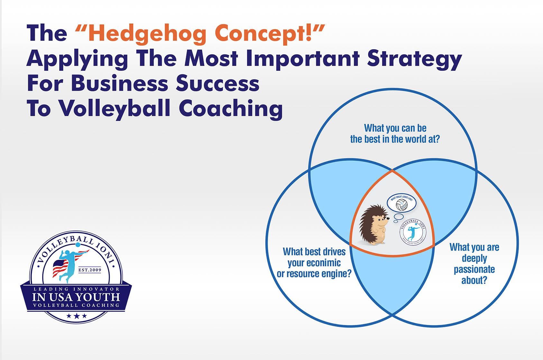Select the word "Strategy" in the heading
(x=414, y=59)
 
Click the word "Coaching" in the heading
(x=231, y=108)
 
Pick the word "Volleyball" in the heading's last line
(x=115, y=108)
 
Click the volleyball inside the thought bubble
(x=401, y=205)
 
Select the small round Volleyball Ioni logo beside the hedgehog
(x=413, y=232)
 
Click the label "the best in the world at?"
(x=395, y=139)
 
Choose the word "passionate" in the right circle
(x=474, y=269)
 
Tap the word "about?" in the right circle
(x=474, y=280)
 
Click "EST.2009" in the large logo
(x=90, y=270)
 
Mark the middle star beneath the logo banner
(x=77, y=316)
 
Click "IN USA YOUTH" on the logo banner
(x=76, y=297)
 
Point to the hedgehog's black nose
(x=388, y=218)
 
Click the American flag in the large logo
(x=60, y=267)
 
